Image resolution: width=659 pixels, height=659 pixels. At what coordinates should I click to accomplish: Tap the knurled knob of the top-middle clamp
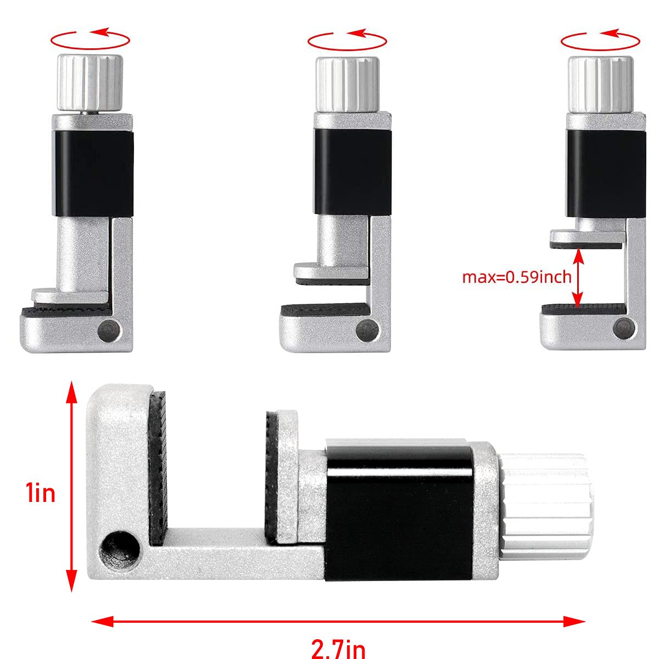[x=347, y=82]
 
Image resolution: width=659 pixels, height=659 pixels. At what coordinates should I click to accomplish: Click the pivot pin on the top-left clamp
[x=109, y=331]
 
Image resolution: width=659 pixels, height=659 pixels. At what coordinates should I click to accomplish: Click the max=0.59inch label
[x=516, y=276]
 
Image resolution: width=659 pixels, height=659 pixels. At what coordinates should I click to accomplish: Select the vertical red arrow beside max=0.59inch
[x=577, y=277]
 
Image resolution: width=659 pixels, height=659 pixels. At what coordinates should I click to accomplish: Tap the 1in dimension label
[x=40, y=493]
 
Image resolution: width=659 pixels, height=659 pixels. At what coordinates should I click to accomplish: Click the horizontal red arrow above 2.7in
[x=338, y=621]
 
